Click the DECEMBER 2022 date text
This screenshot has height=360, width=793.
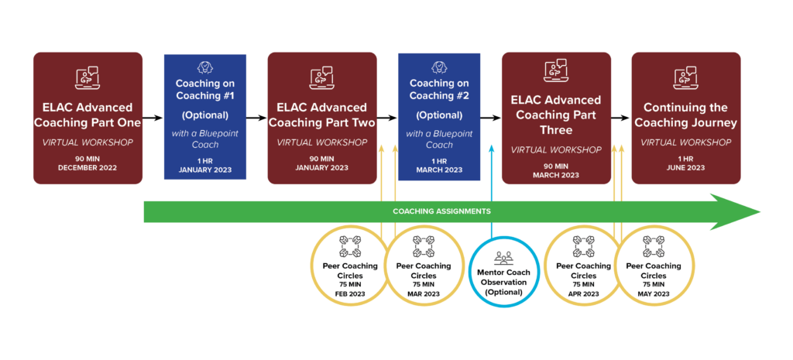pyautogui.click(x=88, y=167)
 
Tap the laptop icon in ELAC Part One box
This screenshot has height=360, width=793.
pyautogui.click(x=87, y=78)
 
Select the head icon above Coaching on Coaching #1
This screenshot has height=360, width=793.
pyautogui.click(x=204, y=68)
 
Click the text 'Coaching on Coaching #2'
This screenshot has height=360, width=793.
pyautogui.click(x=439, y=89)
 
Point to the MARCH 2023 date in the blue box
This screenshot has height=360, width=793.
pyautogui.click(x=439, y=170)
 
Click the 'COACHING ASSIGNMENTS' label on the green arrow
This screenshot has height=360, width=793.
pyautogui.click(x=441, y=211)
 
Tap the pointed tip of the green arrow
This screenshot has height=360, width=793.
pyautogui.click(x=760, y=212)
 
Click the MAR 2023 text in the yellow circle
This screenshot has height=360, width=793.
pyautogui.click(x=424, y=293)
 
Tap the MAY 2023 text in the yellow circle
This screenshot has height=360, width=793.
pyautogui.click(x=653, y=293)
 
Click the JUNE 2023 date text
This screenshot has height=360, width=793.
pyautogui.click(x=686, y=167)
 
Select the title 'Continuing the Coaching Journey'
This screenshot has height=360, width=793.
pyautogui.click(x=686, y=115)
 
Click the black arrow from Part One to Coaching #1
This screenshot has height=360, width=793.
pyautogui.click(x=153, y=118)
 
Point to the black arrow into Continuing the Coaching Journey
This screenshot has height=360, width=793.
pyautogui.click(x=620, y=118)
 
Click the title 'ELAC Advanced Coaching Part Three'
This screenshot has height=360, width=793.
pyautogui.click(x=556, y=115)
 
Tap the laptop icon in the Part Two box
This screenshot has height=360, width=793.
pyautogui.click(x=321, y=78)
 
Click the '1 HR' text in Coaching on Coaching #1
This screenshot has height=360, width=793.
pyautogui.click(x=204, y=161)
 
